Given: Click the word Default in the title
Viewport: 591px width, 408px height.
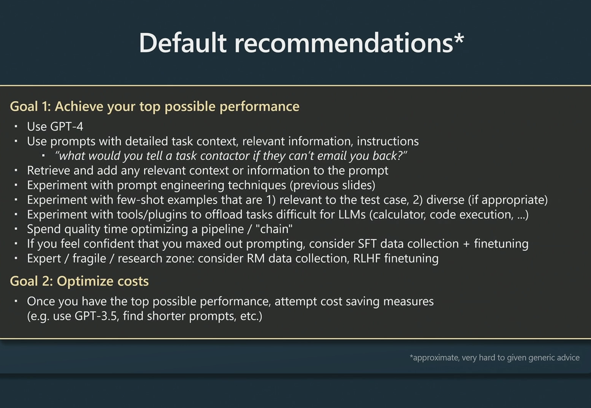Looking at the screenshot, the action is pos(182,43).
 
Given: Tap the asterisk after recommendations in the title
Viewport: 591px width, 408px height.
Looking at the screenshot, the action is pos(459,38).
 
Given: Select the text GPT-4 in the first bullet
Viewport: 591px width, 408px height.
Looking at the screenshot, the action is pos(67,126).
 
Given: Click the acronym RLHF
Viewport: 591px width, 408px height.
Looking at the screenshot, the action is pos(367,258).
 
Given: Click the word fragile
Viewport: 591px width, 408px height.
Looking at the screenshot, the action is pos(89,259).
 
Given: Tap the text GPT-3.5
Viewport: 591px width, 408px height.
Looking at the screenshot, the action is pos(96,316).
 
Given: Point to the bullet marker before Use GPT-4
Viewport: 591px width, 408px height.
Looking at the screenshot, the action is pos(16,126).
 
